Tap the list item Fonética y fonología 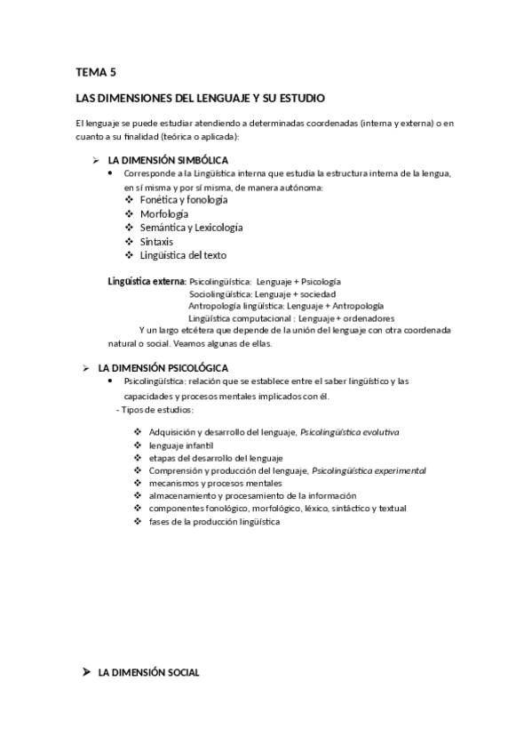click(178, 200)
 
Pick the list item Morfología click(163, 214)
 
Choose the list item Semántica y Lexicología click(191, 228)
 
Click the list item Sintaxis click(156, 242)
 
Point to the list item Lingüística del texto click(183, 255)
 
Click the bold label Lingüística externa click(147, 281)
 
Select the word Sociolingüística click(220, 293)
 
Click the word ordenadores click(369, 318)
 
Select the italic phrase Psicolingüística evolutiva click(350, 432)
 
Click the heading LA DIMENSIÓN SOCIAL click(147, 673)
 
